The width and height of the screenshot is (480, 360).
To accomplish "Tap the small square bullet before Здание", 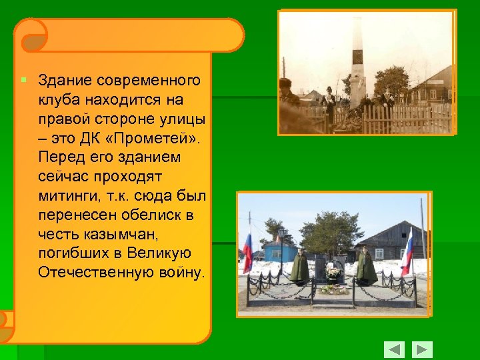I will [23, 80].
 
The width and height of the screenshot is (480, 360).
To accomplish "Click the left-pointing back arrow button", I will [394, 349].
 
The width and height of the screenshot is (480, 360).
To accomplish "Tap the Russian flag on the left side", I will [247, 253].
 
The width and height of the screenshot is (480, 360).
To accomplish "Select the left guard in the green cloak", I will [300, 267].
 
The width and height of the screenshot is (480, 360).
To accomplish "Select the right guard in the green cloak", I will [365, 267].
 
